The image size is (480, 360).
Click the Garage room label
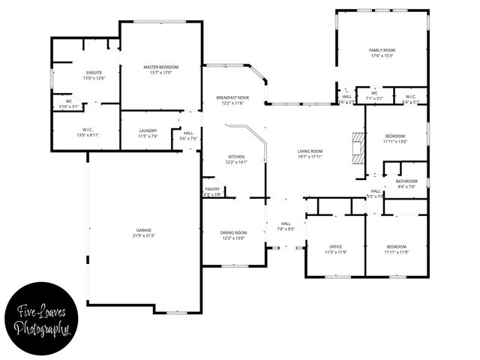point(144,230)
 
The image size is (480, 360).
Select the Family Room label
point(381,50)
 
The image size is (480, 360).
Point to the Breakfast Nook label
point(232,97)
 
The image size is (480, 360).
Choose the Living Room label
point(310,151)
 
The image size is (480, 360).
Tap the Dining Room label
point(233,232)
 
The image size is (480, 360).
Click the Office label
point(336,247)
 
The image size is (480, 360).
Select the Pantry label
point(212,189)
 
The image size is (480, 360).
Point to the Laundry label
point(148,130)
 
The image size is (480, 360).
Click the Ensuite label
point(94,73)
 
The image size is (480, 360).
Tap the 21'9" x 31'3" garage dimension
point(144,235)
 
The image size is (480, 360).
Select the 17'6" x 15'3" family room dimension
point(381,55)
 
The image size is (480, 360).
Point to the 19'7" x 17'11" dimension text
point(310,156)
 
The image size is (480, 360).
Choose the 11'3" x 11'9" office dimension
point(336,252)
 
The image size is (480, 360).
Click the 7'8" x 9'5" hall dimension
point(286,229)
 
